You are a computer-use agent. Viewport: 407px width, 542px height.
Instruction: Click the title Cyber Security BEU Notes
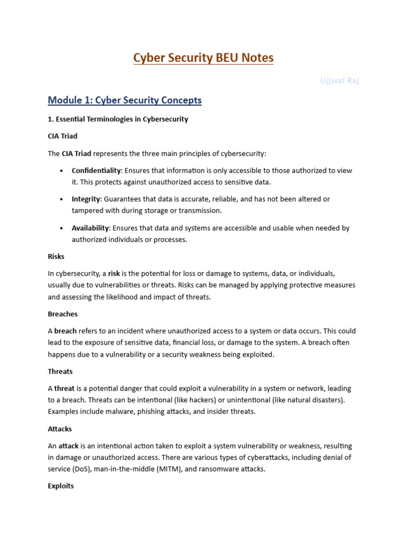pyautogui.click(x=203, y=58)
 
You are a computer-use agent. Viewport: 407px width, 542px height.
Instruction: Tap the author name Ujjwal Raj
pyautogui.click(x=340, y=80)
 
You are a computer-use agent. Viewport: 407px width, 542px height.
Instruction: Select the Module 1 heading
pyautogui.click(x=125, y=100)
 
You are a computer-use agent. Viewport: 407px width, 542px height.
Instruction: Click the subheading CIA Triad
pyautogui.click(x=63, y=136)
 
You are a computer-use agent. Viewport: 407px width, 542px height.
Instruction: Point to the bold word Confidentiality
pyautogui.click(x=96, y=170)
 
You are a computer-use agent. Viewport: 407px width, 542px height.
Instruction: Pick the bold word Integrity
pyautogui.click(x=86, y=199)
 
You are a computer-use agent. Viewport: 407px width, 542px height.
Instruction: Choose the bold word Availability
pyautogui.click(x=90, y=228)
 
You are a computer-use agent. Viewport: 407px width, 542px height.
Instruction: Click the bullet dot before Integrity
pyautogui.click(x=61, y=200)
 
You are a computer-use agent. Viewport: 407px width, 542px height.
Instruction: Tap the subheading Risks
pyautogui.click(x=56, y=256)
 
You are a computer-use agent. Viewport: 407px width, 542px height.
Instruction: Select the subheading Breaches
pyautogui.click(x=63, y=314)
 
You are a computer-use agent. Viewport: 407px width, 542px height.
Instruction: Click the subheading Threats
pyautogui.click(x=60, y=372)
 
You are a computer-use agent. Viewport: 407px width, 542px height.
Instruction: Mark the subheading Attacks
pyautogui.click(x=60, y=429)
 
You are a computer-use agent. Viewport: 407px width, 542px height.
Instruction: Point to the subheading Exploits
pyautogui.click(x=61, y=486)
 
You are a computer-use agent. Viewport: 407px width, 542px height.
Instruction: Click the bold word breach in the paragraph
pyautogui.click(x=66, y=331)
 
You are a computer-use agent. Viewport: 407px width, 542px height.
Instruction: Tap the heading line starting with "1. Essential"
pyautogui.click(x=118, y=119)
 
